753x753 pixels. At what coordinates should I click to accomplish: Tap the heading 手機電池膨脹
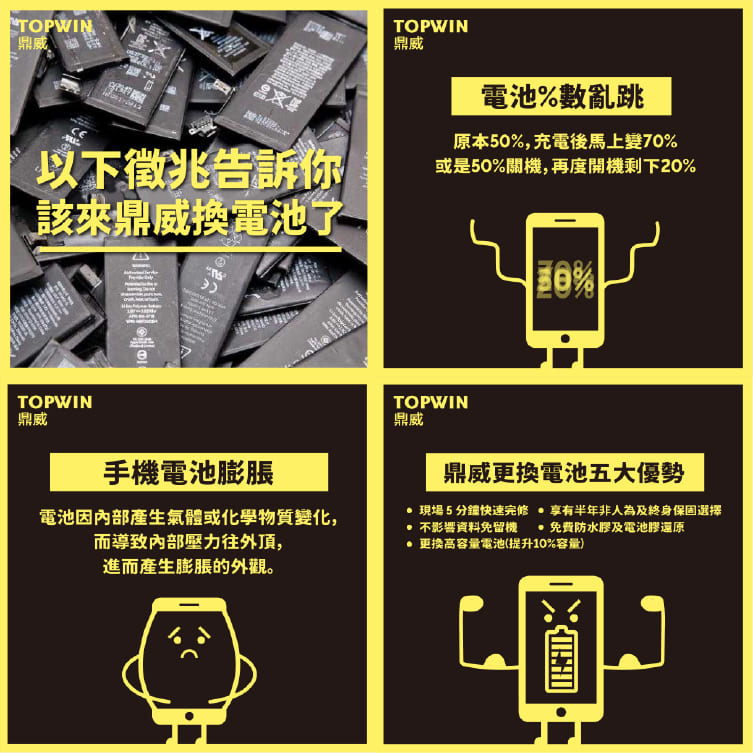pos(189,472)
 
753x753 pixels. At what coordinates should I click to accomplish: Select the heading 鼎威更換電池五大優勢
pos(565,472)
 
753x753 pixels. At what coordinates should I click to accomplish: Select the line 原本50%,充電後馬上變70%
pos(565,140)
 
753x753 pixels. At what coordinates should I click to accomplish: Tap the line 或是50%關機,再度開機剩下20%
pos(565,165)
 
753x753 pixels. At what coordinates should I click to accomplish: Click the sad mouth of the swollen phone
pos(187,651)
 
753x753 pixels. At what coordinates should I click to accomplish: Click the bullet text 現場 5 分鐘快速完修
pos(474,510)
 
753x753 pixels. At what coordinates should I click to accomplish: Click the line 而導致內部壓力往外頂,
pos(189,543)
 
